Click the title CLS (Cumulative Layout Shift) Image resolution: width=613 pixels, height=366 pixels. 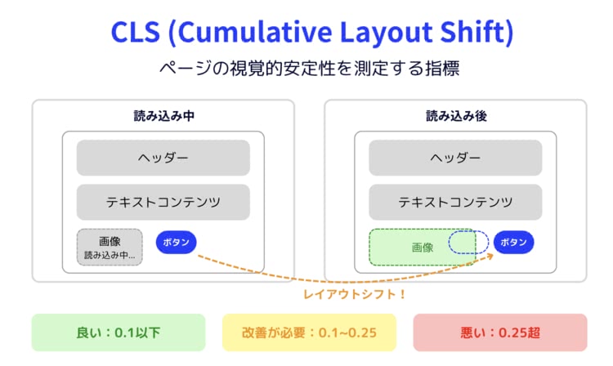pyautogui.click(x=312, y=32)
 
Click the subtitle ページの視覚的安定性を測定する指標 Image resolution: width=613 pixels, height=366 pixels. pyautogui.click(x=309, y=69)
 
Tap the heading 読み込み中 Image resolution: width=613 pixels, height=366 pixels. pyautogui.click(x=163, y=116)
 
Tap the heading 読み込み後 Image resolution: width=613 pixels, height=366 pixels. pyautogui.click(x=456, y=116)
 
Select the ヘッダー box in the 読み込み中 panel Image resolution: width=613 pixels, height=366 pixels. pyautogui.click(x=163, y=158)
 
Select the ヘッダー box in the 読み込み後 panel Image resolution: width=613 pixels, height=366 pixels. pyautogui.click(x=455, y=158)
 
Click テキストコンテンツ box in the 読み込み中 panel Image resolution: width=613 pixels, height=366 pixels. pyautogui.click(x=163, y=202)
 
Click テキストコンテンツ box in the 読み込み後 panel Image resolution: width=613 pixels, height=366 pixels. pyautogui.click(x=455, y=202)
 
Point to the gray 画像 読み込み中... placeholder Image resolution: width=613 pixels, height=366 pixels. pyautogui.click(x=110, y=248)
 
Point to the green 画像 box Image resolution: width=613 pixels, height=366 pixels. pyautogui.click(x=423, y=248)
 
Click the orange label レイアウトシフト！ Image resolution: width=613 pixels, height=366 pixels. pyautogui.click(x=355, y=294)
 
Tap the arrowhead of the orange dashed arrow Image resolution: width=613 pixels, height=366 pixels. pyautogui.click(x=490, y=256)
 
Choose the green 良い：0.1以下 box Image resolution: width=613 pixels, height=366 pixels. pyautogui.click(x=119, y=333)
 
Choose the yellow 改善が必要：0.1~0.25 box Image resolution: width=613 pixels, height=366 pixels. pyautogui.click(x=309, y=333)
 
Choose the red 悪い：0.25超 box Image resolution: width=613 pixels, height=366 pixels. pyautogui.click(x=500, y=333)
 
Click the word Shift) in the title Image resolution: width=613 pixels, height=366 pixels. pyautogui.click(x=477, y=32)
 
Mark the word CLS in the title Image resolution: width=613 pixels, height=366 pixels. pyautogui.click(x=136, y=32)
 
